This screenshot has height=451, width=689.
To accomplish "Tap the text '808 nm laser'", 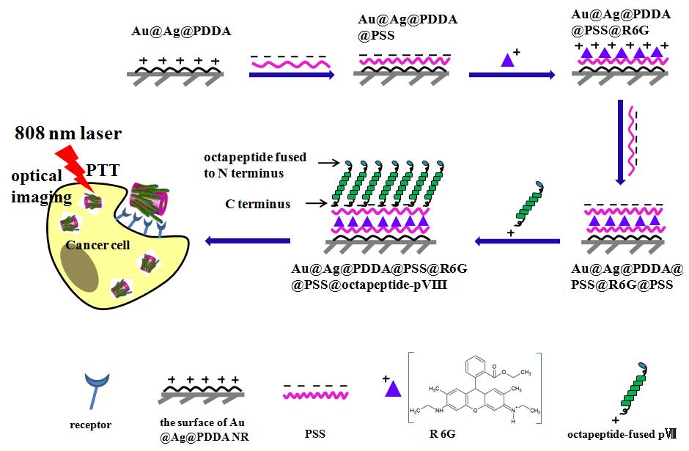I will point(67,133).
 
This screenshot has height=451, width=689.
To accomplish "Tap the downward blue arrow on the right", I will point(621,143).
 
